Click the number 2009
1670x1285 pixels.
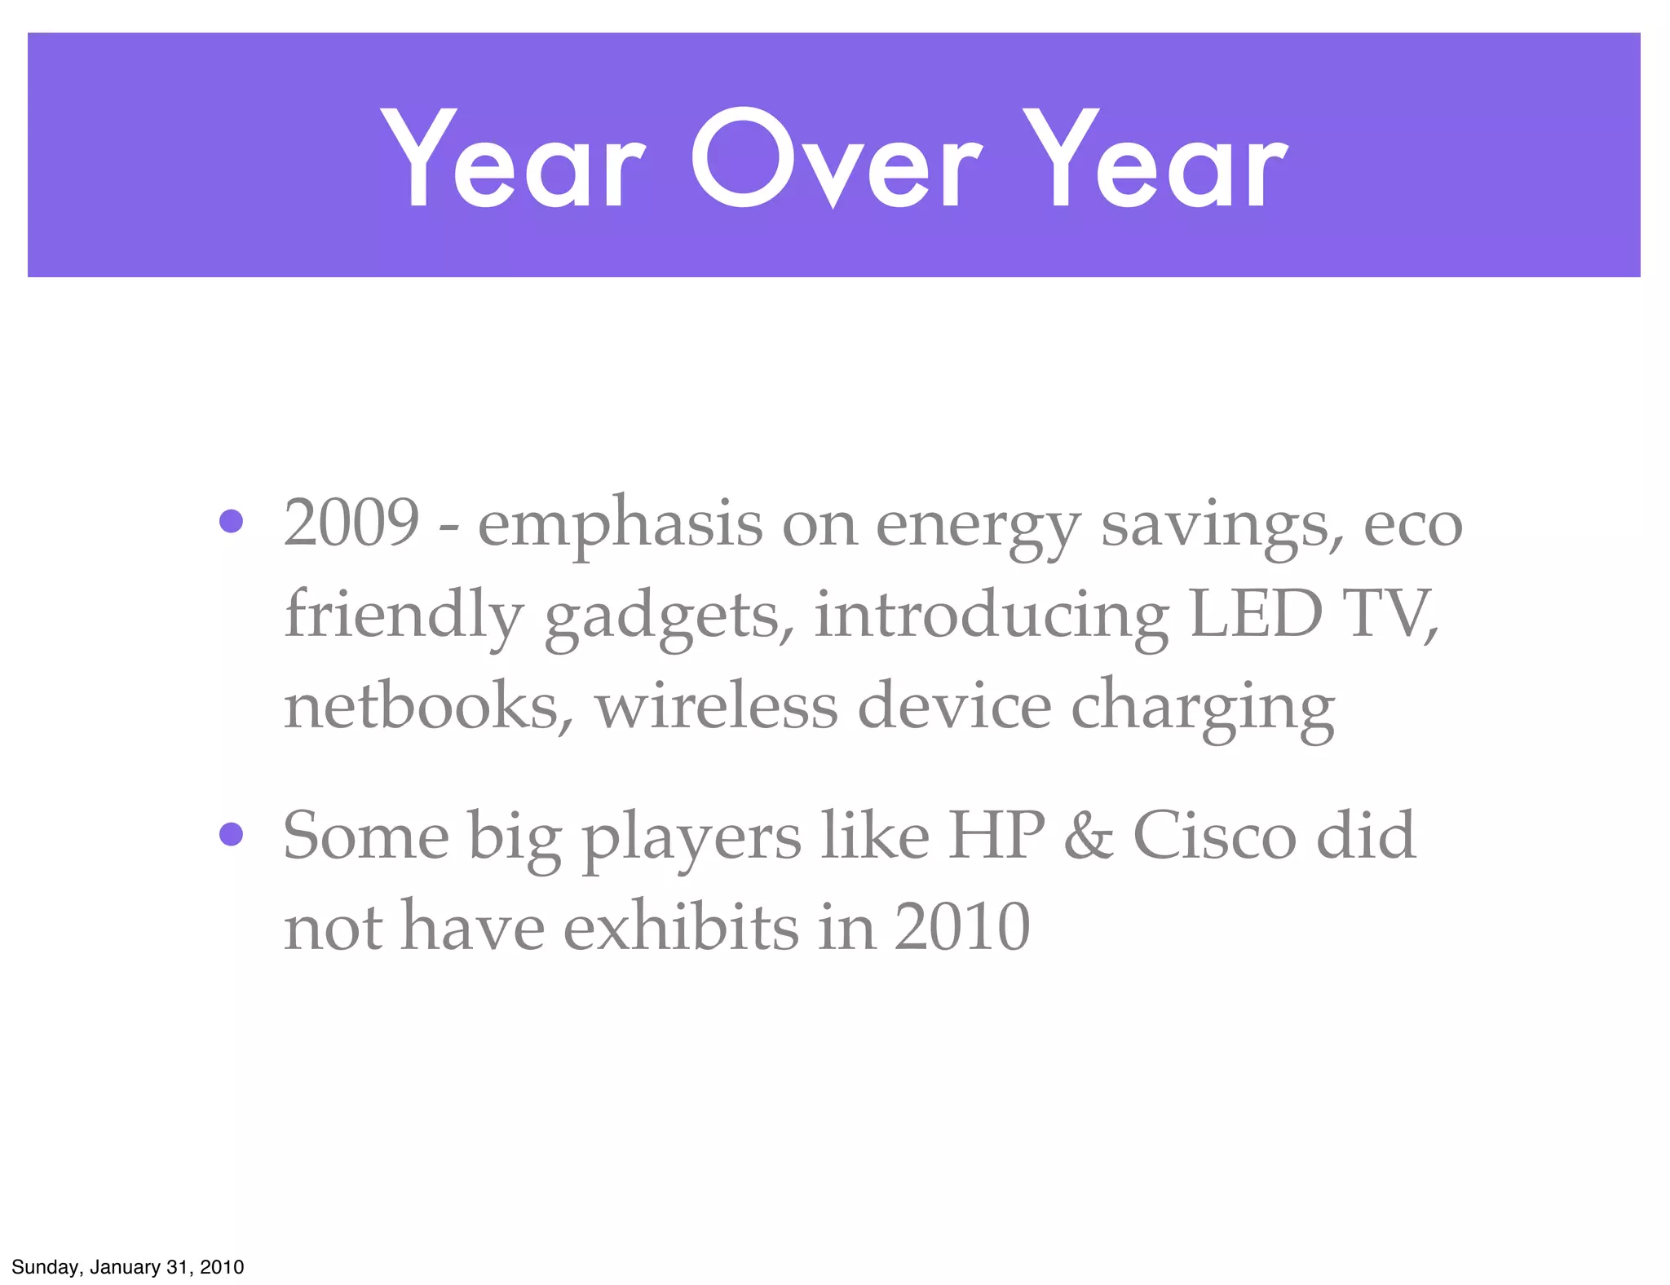coord(351,523)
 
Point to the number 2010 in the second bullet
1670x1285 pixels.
coord(962,927)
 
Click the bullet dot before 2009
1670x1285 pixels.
coord(232,521)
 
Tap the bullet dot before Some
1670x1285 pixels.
coord(232,834)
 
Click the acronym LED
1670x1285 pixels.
coord(1256,613)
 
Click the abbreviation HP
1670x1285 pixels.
coord(996,836)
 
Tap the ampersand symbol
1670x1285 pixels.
coord(1089,837)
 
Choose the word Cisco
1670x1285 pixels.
coord(1214,836)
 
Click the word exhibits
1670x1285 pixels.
coord(681,927)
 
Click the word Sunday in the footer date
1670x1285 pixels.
coord(46,1267)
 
